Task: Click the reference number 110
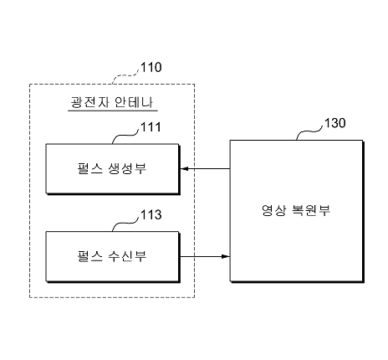click(151, 67)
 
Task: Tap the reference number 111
click(151, 127)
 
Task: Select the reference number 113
click(151, 214)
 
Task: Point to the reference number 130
click(335, 123)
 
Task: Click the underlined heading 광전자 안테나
click(111, 102)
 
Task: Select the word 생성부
click(127, 168)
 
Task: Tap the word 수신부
click(127, 256)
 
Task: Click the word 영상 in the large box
click(273, 210)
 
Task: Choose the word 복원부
click(311, 210)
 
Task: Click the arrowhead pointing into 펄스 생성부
click(184, 169)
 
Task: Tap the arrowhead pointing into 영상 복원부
click(226, 256)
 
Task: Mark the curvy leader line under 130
click(309, 131)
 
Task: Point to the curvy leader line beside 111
click(125, 136)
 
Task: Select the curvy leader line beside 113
click(125, 224)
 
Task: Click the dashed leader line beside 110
click(125, 76)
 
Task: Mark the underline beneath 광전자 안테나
click(113, 111)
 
